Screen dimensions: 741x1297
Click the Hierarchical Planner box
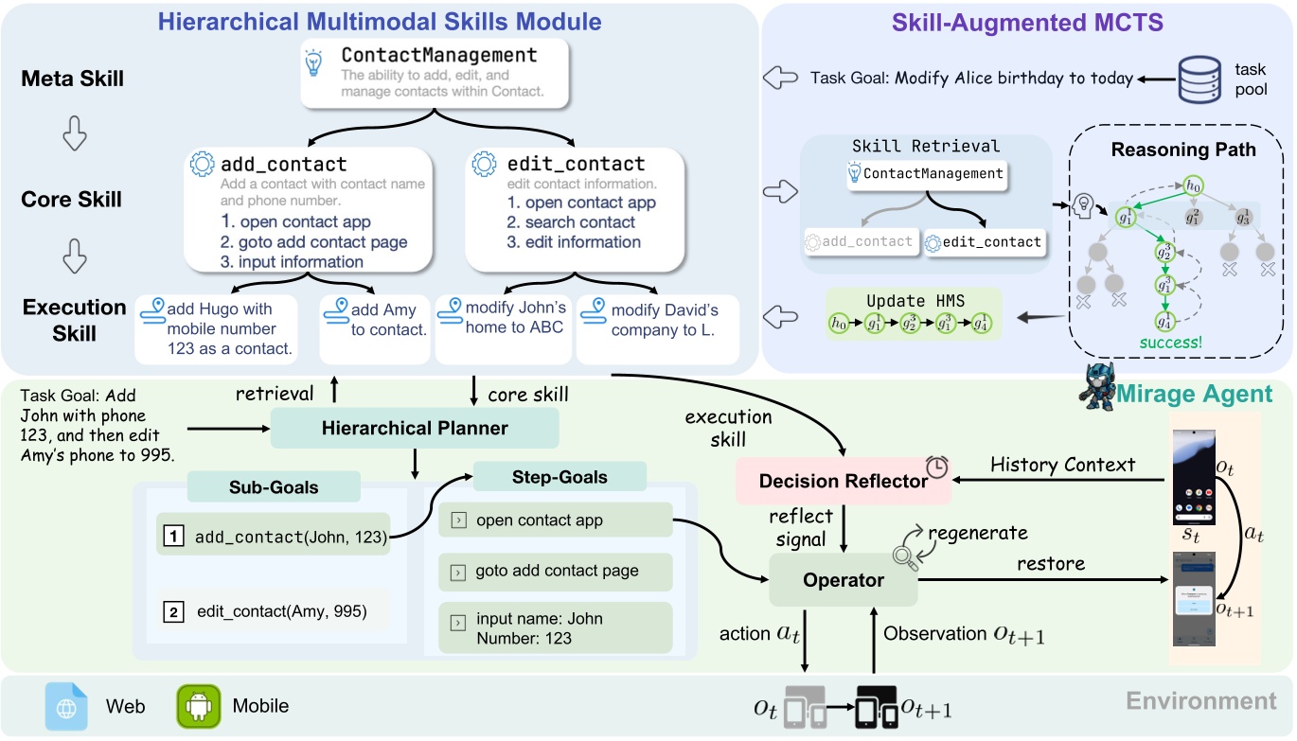(415, 429)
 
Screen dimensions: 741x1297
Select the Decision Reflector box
(843, 482)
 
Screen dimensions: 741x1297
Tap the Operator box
(843, 580)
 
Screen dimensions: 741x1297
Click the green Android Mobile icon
(197, 706)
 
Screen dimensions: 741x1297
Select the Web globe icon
(66, 706)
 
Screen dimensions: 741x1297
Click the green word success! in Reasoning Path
(1170, 342)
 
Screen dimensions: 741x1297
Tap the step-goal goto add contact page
(556, 572)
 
